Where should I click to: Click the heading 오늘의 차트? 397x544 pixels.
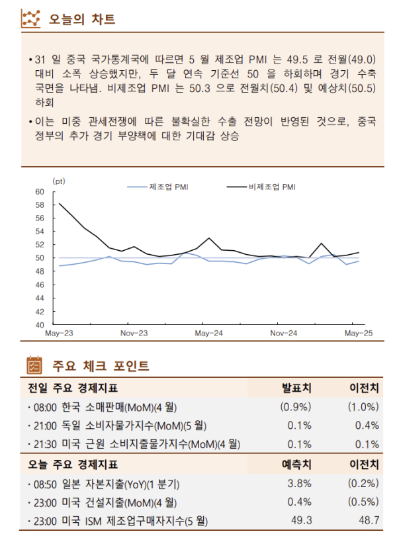pos(82,19)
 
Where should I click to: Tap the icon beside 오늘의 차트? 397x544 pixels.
pos(32,19)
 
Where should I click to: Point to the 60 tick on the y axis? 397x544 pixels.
pos(40,191)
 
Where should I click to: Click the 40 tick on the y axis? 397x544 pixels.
pos(40,325)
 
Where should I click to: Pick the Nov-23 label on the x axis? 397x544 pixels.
pos(134,334)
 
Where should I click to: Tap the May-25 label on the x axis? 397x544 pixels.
pos(357,334)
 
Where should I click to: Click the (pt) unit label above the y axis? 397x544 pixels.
pos(59,180)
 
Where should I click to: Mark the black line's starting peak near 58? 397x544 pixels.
pos(60,204)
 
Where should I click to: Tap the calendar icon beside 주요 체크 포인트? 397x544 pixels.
pos(33,365)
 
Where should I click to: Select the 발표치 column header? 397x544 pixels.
pos(298,387)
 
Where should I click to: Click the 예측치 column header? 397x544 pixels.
pos(298,464)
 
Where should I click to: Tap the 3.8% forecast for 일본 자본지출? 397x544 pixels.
pos(300,483)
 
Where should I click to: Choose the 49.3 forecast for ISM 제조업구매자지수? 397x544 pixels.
pos(302,521)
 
